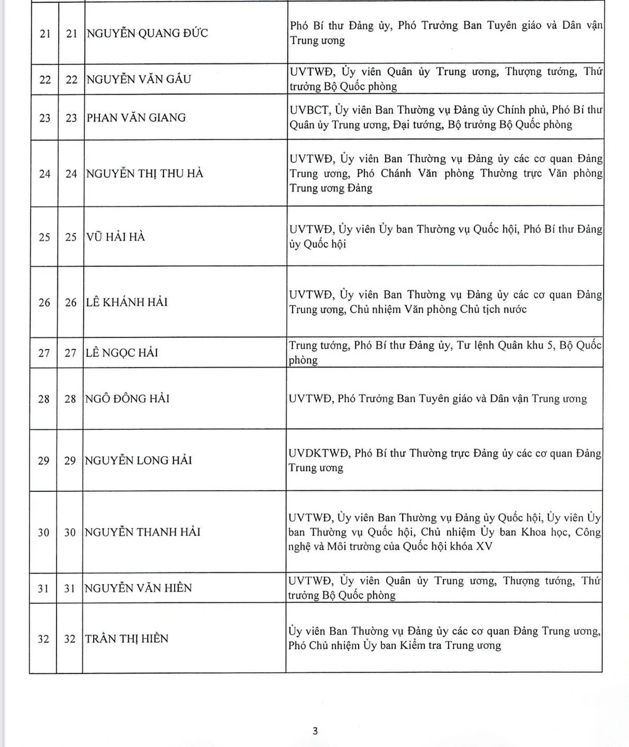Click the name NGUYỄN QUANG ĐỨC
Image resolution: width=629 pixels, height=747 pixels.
click(x=147, y=33)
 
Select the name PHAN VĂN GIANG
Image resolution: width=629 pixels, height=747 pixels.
click(x=135, y=117)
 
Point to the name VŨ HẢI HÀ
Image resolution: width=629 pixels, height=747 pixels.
click(x=115, y=237)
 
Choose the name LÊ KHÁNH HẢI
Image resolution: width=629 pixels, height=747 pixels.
click(x=126, y=302)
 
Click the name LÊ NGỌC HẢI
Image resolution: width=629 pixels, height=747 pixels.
click(x=121, y=352)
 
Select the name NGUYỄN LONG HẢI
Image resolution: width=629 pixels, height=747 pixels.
click(x=138, y=461)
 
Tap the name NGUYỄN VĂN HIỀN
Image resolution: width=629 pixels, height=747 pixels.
click(x=138, y=588)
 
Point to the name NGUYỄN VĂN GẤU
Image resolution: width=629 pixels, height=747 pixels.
click(x=138, y=79)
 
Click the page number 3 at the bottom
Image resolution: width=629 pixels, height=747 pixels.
click(x=315, y=731)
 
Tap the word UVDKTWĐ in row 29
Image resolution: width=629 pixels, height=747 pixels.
click(x=318, y=454)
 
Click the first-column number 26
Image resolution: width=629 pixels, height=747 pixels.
click(x=44, y=302)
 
